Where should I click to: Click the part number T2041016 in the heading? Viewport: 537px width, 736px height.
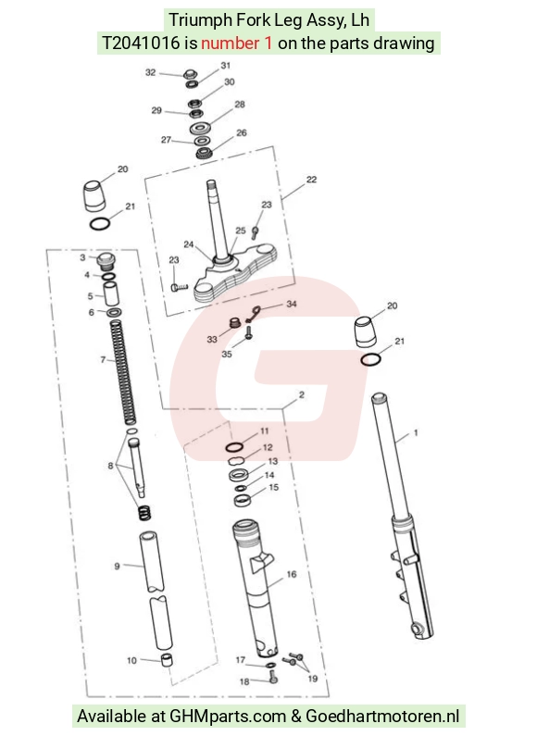click(141, 44)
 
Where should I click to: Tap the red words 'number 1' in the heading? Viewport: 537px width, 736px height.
click(237, 44)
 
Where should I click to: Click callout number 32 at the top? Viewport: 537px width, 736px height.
click(150, 72)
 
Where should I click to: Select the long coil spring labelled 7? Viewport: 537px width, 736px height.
click(123, 372)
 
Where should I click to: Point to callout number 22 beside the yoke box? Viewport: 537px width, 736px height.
click(311, 180)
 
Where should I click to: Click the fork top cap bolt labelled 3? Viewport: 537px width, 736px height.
click(106, 260)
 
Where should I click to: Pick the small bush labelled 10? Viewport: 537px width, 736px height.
click(166, 660)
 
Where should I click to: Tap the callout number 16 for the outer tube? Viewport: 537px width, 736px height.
click(292, 574)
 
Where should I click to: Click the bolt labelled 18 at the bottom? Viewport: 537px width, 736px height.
click(273, 677)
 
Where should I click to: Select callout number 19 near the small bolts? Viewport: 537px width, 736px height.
click(313, 679)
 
